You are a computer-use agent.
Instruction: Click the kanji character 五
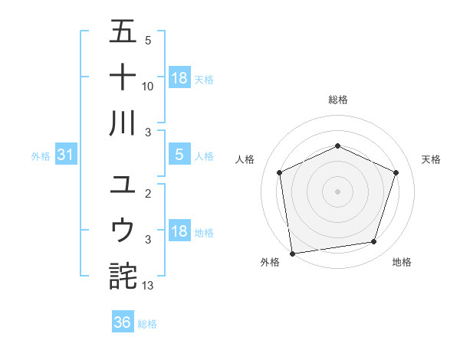click(123, 34)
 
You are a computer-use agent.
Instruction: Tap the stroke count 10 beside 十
click(148, 87)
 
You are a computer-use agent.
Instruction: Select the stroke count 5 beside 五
click(147, 41)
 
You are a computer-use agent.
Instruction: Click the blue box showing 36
click(123, 322)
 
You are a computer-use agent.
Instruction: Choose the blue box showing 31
click(66, 155)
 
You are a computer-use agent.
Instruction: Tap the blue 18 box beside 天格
click(179, 78)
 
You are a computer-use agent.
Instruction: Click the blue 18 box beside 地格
click(179, 232)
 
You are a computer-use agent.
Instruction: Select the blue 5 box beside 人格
click(179, 155)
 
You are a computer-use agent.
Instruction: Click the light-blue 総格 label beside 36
click(147, 324)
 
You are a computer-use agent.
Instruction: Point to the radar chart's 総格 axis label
click(337, 100)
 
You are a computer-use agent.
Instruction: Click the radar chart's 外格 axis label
click(270, 263)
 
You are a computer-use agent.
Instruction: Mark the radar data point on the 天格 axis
click(396, 172)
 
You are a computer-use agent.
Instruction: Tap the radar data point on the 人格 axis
click(280, 172)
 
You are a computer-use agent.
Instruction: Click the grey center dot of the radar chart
click(337, 191)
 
